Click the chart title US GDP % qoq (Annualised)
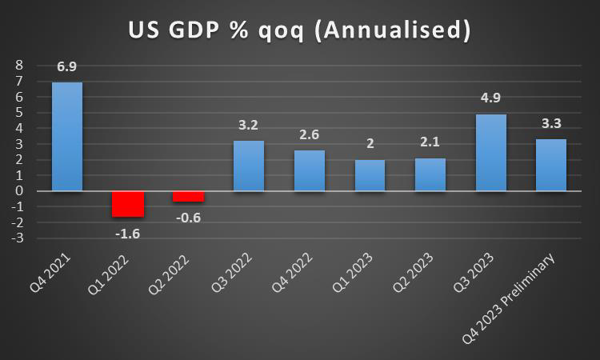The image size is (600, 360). [x=300, y=30]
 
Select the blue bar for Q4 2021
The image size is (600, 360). [x=67, y=136]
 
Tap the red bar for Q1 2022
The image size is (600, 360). [x=127, y=203]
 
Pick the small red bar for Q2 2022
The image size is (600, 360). [x=188, y=196]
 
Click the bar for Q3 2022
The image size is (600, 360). [x=249, y=166]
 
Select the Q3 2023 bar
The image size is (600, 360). [x=490, y=152]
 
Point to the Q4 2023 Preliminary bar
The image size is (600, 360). [x=551, y=165]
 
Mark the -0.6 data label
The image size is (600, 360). [x=188, y=216]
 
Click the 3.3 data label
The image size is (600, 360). [x=551, y=123]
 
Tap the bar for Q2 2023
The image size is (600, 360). [x=430, y=174]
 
